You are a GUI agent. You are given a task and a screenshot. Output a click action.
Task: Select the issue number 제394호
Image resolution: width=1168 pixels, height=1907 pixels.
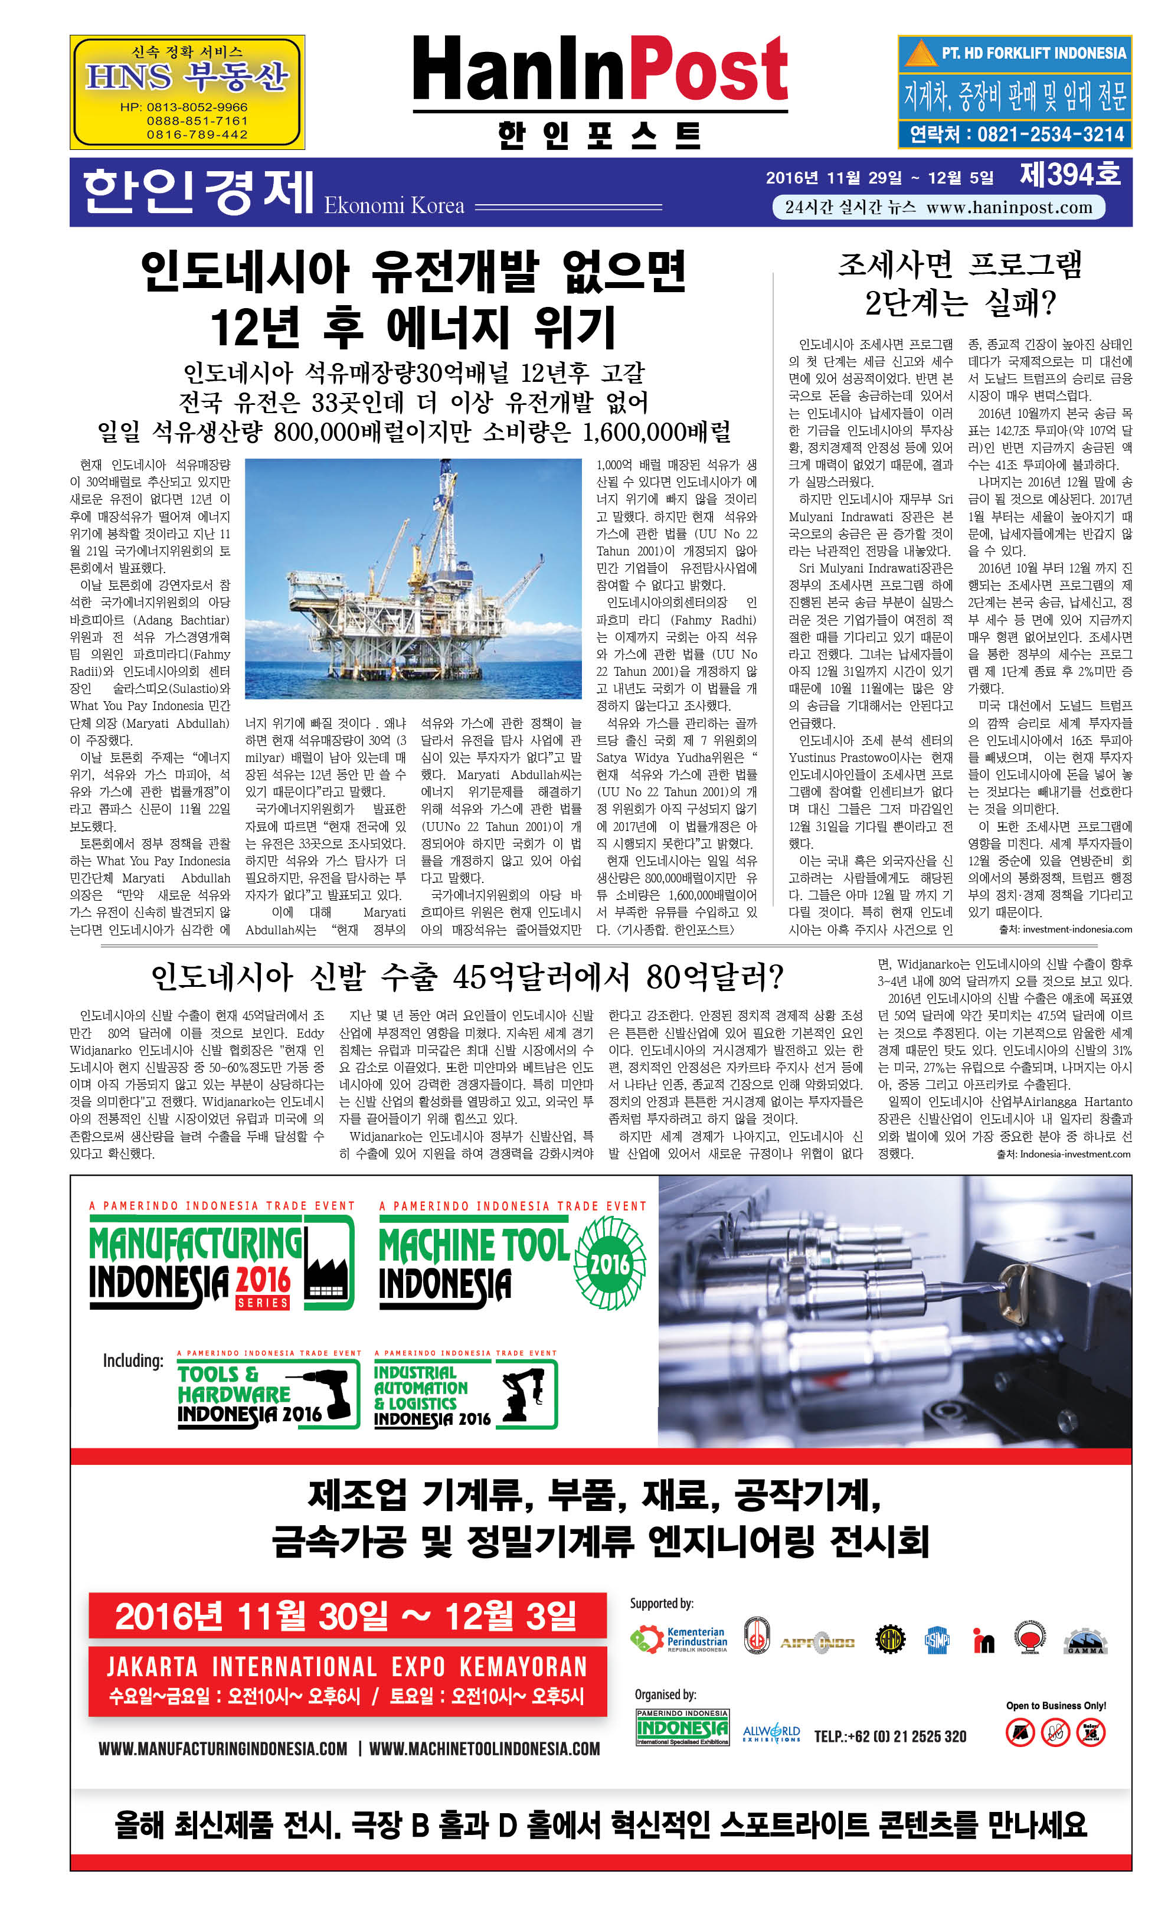[x=1069, y=175]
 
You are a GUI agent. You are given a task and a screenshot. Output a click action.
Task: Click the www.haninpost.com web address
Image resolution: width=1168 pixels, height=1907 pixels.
[x=1009, y=207]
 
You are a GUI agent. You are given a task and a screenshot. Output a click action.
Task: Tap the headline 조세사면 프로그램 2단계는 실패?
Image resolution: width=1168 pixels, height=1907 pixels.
[x=960, y=283]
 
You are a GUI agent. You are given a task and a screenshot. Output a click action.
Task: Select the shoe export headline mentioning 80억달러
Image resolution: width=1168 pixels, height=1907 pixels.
[x=467, y=977]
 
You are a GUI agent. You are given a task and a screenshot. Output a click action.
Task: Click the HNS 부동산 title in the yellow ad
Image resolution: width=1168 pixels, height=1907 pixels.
[x=187, y=78]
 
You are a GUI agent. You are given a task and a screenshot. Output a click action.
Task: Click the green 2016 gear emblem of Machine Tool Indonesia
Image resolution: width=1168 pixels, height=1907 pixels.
[x=610, y=1262]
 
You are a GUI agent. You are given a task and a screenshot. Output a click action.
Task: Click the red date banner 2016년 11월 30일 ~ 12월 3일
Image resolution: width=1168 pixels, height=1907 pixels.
[x=347, y=1615]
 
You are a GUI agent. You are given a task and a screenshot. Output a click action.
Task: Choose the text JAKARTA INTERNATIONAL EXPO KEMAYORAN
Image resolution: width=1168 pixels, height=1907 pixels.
[x=347, y=1666]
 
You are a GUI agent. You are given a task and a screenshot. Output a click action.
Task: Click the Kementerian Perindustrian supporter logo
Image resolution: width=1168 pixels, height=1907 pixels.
[x=679, y=1638]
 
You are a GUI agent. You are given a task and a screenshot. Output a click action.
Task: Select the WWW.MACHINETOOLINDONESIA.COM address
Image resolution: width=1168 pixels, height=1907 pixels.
[x=484, y=1748]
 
